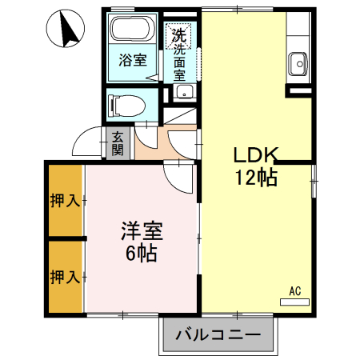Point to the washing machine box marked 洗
[x=178, y=35]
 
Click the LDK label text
[x=255, y=154]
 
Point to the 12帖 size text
[x=255, y=178]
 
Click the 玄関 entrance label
[x=118, y=143]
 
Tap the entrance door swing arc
[x=85, y=142]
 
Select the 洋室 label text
[x=142, y=232]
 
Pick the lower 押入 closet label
[x=64, y=277]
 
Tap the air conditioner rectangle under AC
[x=294, y=302]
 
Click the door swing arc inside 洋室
[x=177, y=176]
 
